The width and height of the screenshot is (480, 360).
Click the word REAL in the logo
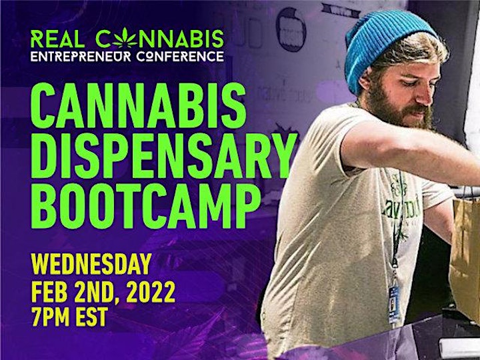click(57, 39)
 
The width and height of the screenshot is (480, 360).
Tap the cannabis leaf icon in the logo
click(125, 38)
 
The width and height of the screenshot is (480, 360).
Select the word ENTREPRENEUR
click(81, 56)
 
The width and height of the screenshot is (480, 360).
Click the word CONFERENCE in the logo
click(180, 56)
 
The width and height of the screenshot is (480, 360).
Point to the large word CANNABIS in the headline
click(139, 105)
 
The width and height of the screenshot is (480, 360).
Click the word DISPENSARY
click(164, 155)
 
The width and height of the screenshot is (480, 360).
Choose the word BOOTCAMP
click(146, 206)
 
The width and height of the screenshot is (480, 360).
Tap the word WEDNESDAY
click(91, 263)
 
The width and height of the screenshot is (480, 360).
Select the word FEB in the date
click(49, 292)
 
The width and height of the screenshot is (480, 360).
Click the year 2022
click(151, 292)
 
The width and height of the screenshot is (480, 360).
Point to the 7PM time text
click(50, 317)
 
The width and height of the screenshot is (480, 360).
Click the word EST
click(92, 317)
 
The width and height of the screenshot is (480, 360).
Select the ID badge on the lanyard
click(394, 303)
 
